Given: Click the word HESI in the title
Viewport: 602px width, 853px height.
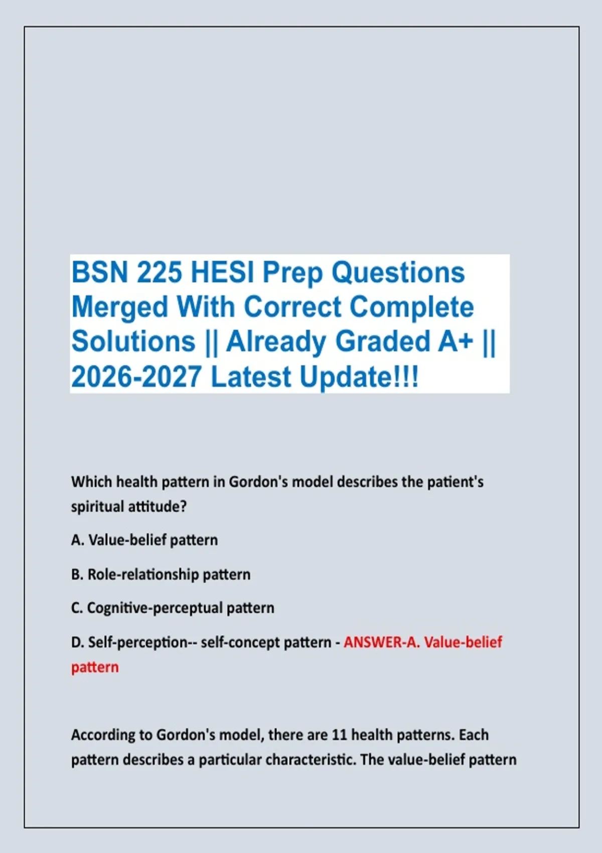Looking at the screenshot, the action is click(222, 272).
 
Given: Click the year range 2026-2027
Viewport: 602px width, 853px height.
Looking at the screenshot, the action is click(136, 376).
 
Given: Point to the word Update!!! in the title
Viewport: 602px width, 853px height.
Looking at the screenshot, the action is click(359, 377).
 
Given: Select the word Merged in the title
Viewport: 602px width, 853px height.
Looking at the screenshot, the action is click(119, 308).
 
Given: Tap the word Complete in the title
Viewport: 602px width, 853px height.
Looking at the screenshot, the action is click(412, 308).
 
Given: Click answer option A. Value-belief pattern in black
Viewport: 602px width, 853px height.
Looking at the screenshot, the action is click(144, 540).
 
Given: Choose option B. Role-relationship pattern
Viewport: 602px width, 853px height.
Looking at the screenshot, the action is click(161, 574).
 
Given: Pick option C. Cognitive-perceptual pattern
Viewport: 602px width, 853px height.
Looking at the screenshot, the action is click(173, 608).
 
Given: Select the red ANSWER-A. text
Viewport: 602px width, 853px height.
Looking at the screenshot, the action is click(382, 642).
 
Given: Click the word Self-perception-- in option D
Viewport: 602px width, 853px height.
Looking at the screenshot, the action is click(135, 643).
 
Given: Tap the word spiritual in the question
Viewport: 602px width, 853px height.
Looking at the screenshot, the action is click(97, 507).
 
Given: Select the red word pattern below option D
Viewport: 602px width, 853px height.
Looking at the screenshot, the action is click(95, 667).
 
